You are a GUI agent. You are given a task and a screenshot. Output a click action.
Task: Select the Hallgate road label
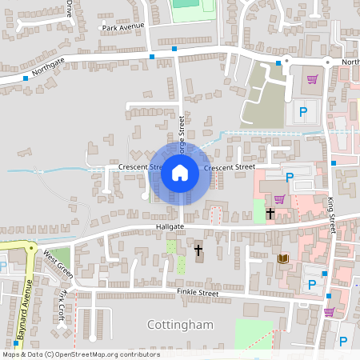170,227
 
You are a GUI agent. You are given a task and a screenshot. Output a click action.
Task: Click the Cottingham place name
181,324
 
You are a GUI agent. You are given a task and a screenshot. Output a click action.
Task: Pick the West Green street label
58,264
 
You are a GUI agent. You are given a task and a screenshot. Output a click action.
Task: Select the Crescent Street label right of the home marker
230,167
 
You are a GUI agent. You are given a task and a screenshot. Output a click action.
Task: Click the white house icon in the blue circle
180,172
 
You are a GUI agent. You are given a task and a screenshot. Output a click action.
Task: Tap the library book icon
282,258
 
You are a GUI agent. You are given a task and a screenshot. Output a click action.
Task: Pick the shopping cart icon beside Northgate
312,79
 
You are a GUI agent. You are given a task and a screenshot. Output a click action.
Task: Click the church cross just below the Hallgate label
198,251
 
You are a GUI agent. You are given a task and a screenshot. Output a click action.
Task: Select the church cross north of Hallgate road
270,214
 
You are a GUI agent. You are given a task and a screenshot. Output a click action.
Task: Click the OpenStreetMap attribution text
80,354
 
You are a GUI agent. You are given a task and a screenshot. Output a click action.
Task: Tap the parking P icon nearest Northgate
303,113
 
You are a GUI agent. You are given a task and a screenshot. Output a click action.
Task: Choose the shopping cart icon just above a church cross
279,198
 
